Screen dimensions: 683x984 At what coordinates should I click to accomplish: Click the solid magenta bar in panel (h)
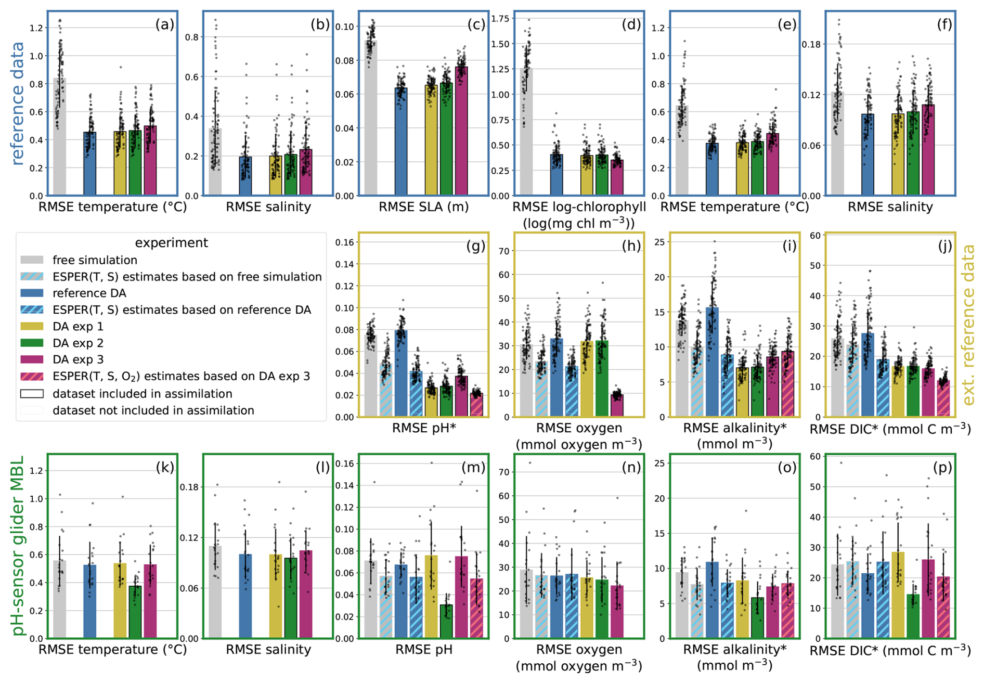click(x=617, y=405)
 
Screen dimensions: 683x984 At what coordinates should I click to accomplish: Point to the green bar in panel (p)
click(x=913, y=616)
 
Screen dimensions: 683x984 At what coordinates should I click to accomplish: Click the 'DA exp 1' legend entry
click(x=78, y=327)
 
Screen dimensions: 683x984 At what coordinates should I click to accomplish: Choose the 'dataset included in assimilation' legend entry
click(x=142, y=394)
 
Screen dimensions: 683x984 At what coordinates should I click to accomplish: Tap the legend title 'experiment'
click(x=171, y=243)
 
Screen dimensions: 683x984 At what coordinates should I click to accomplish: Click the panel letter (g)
click(x=475, y=246)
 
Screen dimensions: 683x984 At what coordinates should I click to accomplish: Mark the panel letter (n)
click(x=631, y=467)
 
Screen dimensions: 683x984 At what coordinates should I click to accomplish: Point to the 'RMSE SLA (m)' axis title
click(x=423, y=207)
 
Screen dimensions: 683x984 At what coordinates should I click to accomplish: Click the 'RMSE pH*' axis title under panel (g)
click(x=424, y=428)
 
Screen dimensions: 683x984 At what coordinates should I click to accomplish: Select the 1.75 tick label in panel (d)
click(x=500, y=19)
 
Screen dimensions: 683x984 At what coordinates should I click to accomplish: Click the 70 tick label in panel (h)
click(x=504, y=251)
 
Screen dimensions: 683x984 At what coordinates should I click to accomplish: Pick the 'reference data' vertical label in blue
click(x=18, y=104)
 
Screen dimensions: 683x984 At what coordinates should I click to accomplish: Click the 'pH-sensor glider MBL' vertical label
click(x=18, y=546)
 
